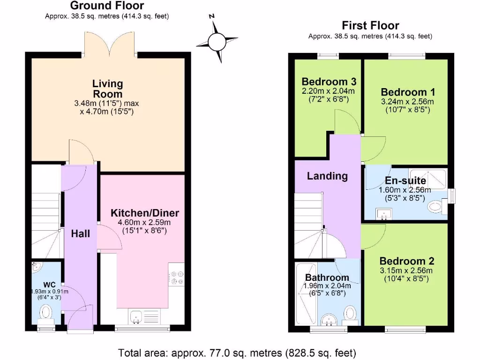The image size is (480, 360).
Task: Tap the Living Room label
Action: tap(107, 89)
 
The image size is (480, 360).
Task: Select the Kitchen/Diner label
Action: tap(145, 213)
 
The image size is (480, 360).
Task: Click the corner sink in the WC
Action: tap(37, 268)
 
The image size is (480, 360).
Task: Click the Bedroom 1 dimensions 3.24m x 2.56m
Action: tap(407, 101)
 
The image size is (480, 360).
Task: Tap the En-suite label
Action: tap(405, 180)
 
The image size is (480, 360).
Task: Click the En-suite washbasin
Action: tap(383, 214)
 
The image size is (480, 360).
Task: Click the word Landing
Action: tap(327, 176)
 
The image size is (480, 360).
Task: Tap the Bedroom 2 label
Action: tap(407, 261)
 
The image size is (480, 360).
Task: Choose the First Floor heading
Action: tap(370, 25)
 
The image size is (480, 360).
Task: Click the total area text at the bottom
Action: tap(237, 352)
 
